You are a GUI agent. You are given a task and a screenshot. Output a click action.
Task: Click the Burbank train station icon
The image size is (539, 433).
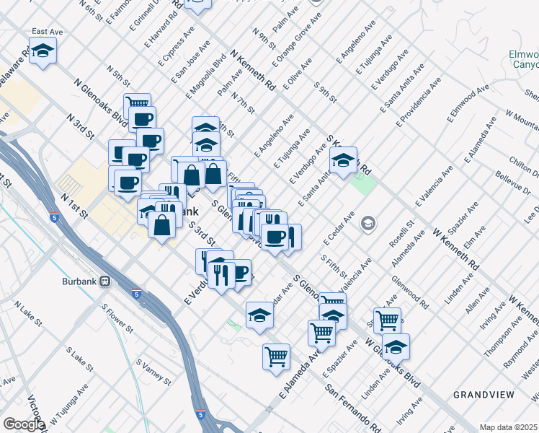coord(105,281)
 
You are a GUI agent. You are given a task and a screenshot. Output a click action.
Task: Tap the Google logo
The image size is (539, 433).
coord(24,424)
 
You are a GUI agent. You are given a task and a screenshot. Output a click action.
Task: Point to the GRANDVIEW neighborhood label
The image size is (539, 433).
coord(484,394)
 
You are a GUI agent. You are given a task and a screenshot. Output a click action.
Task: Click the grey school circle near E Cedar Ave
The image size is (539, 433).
coord(368,223)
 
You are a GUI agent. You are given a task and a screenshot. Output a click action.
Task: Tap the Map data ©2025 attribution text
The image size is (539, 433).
coord(508,427)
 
